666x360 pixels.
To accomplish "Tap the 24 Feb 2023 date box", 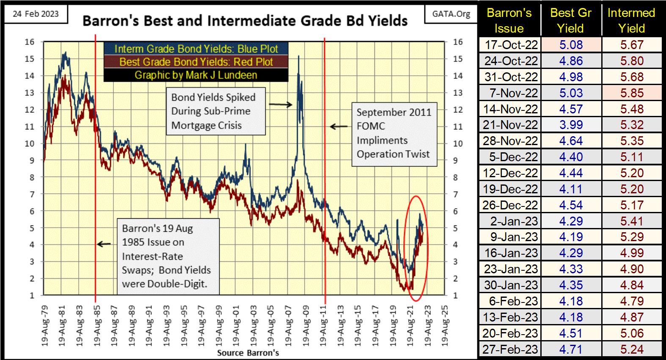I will (x=36, y=14).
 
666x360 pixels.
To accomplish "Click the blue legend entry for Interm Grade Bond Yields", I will (x=196, y=49).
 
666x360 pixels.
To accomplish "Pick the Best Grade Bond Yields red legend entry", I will (x=196, y=62).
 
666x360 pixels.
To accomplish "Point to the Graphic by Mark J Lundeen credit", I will (x=196, y=75).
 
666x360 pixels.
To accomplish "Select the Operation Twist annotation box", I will (x=394, y=133).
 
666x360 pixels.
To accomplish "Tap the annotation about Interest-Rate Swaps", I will (x=168, y=256).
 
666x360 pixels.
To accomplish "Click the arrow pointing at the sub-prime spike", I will (x=281, y=104).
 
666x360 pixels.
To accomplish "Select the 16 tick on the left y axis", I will (x=29, y=42).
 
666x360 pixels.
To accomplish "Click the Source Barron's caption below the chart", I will (x=248, y=353).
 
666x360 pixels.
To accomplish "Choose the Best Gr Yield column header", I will (x=570, y=20).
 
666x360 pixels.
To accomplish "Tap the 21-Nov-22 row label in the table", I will (x=511, y=125).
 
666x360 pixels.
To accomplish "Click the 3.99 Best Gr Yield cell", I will (x=571, y=125).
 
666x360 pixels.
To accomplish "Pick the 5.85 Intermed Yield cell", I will (x=632, y=93).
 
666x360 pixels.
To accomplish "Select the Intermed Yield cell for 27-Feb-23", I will (x=632, y=349).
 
